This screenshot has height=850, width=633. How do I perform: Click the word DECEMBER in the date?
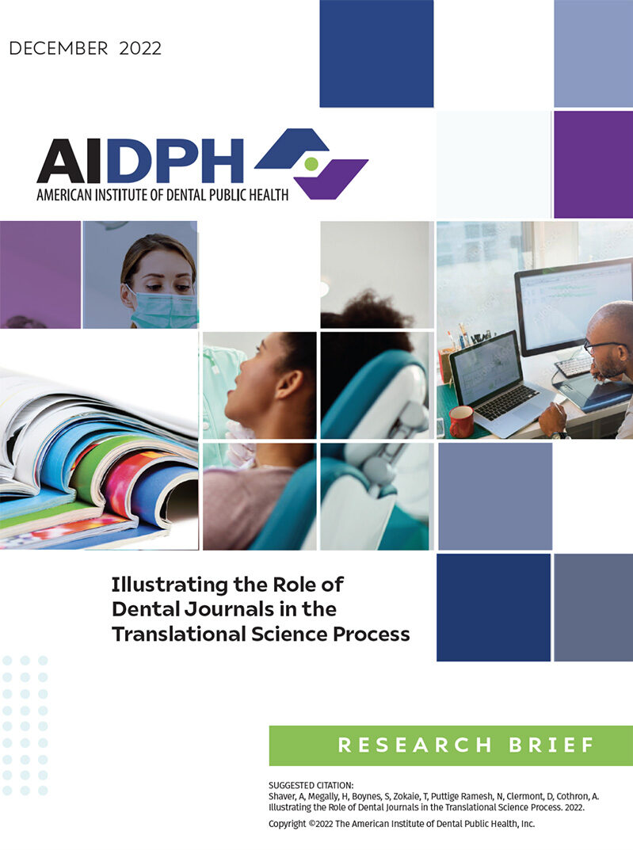pos(59,48)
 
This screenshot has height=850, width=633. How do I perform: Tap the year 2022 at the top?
pos(140,48)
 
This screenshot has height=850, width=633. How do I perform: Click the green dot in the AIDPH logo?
pos(311,162)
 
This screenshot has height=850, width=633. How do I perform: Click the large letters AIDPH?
pos(140,161)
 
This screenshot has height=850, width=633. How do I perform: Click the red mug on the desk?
pos(461,421)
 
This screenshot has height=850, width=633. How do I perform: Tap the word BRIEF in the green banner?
pos(551,745)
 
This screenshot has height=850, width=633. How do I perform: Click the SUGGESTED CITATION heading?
pos(311,785)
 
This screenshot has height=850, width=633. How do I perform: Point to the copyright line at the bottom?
pos(402,824)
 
